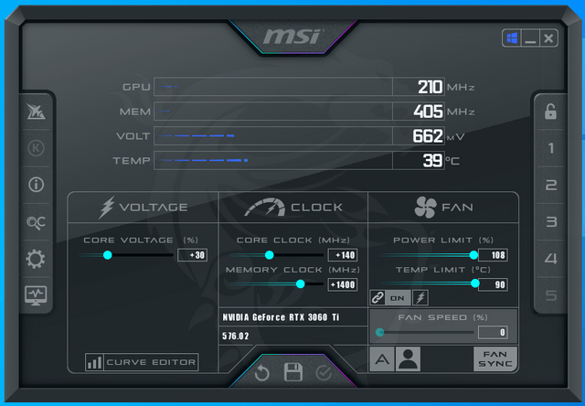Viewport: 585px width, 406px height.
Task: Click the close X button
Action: (548, 38)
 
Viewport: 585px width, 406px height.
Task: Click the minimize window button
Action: (530, 38)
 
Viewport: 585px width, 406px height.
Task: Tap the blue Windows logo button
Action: (512, 38)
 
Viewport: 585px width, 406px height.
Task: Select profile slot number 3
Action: (551, 221)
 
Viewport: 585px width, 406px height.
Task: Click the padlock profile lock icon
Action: (550, 112)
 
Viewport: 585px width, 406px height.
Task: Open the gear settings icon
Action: (36, 259)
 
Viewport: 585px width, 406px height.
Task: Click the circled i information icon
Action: (37, 185)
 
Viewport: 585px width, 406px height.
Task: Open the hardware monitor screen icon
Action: (36, 295)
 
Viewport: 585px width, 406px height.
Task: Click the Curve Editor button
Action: (142, 362)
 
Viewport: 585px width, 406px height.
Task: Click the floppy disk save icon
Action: (293, 371)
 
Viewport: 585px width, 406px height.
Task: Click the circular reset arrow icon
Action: (262, 373)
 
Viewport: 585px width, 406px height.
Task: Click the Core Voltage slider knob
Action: (108, 255)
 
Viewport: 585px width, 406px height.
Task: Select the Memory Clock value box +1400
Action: (343, 284)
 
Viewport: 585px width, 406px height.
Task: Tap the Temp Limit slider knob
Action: (475, 283)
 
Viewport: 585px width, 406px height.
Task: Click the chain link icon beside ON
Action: (378, 298)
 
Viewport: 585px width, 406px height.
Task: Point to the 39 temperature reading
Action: (432, 160)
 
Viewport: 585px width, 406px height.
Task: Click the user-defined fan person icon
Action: (409, 358)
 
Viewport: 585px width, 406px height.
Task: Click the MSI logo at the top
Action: (292, 37)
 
